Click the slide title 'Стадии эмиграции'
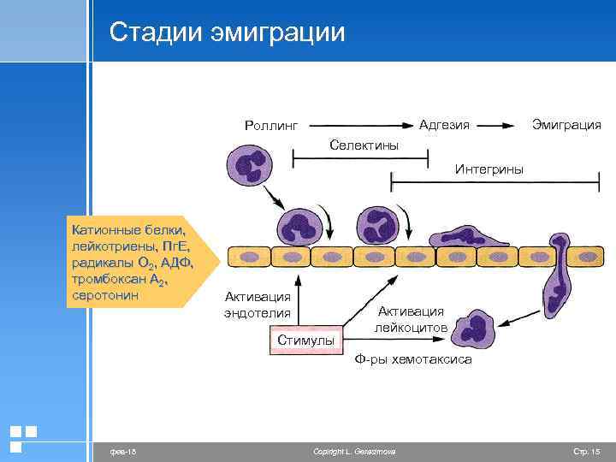228,33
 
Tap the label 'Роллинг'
271,126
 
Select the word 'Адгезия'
444,124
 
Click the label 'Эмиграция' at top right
566,124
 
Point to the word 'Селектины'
364,145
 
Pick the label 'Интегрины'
489,169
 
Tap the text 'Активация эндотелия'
258,305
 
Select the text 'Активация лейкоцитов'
411,318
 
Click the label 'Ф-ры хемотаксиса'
412,360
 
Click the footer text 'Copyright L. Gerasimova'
354,451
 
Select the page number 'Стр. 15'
586,451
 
